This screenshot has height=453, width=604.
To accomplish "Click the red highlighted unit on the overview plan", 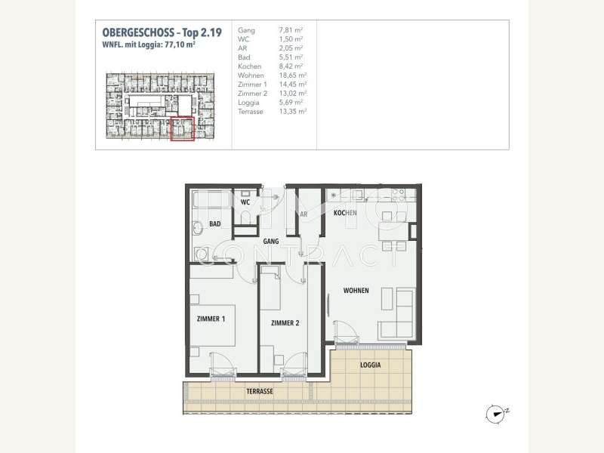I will click(x=182, y=129).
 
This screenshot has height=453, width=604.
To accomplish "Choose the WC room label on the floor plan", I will click(x=245, y=202).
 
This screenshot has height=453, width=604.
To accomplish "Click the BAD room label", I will click(x=215, y=224).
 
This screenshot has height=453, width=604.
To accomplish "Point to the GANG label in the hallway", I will click(x=271, y=242).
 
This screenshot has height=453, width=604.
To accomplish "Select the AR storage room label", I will click(x=303, y=214).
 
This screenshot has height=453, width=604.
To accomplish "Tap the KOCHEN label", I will click(x=345, y=214).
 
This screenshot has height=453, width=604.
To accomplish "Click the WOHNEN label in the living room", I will click(x=356, y=290).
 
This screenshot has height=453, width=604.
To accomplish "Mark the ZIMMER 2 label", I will click(x=285, y=323).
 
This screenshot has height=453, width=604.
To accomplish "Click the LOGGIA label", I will click(x=370, y=365).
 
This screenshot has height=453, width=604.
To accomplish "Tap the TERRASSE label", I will click(x=259, y=393).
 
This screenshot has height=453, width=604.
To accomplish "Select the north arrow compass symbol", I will click(x=495, y=412).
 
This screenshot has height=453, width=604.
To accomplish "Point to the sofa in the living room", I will click(x=398, y=314).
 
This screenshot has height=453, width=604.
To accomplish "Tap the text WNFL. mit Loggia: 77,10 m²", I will click(x=149, y=44).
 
